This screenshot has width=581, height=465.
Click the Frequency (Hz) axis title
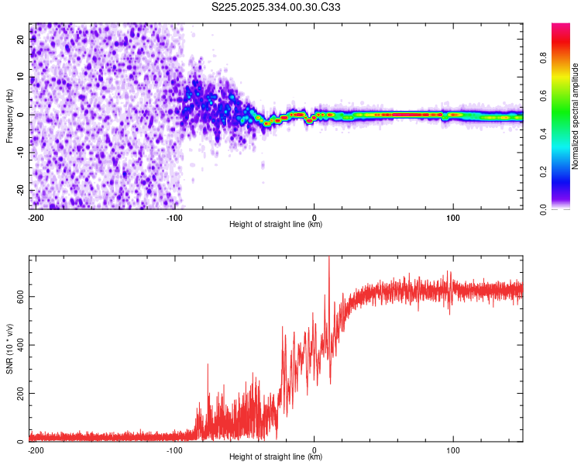tap(9, 115)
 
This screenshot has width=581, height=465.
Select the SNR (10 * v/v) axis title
tap(9, 348)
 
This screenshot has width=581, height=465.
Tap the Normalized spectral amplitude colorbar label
tap(576, 116)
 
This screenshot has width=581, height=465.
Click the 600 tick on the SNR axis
tap(19, 296)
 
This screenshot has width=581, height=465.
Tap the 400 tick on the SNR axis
tap(19, 345)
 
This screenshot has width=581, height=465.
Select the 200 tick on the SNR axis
tap(19, 394)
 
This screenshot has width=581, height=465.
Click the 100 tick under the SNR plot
tap(453, 449)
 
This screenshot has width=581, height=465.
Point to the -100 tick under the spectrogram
tap(174, 217)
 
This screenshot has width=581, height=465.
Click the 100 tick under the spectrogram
tap(453, 217)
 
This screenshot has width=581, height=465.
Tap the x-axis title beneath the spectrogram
tap(276, 225)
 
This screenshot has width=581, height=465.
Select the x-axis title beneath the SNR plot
tap(276, 457)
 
